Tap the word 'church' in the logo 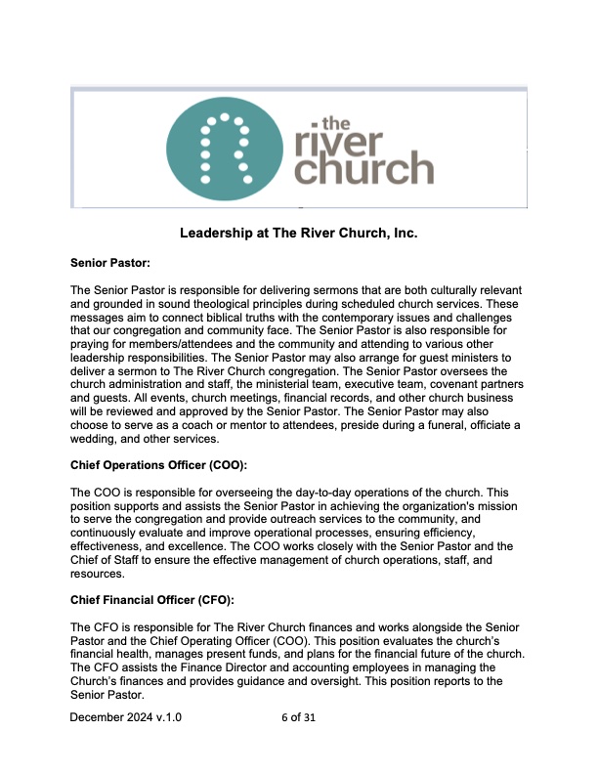tap(363, 171)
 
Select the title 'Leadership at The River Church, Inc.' tap(299, 235)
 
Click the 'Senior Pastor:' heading tap(111, 263)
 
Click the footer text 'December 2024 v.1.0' tap(126, 717)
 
